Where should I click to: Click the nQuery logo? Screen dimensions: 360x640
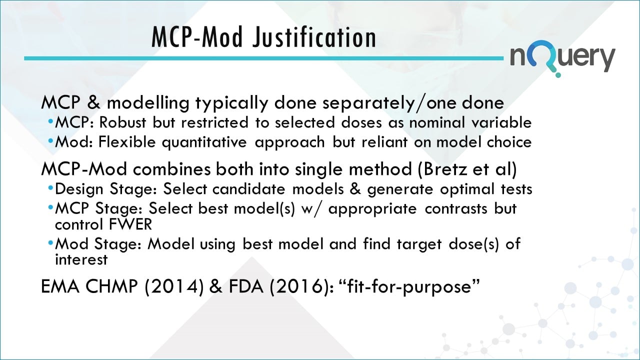point(562,58)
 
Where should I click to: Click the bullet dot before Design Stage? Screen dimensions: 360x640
point(51,189)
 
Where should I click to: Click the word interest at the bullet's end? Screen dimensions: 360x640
point(81,260)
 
